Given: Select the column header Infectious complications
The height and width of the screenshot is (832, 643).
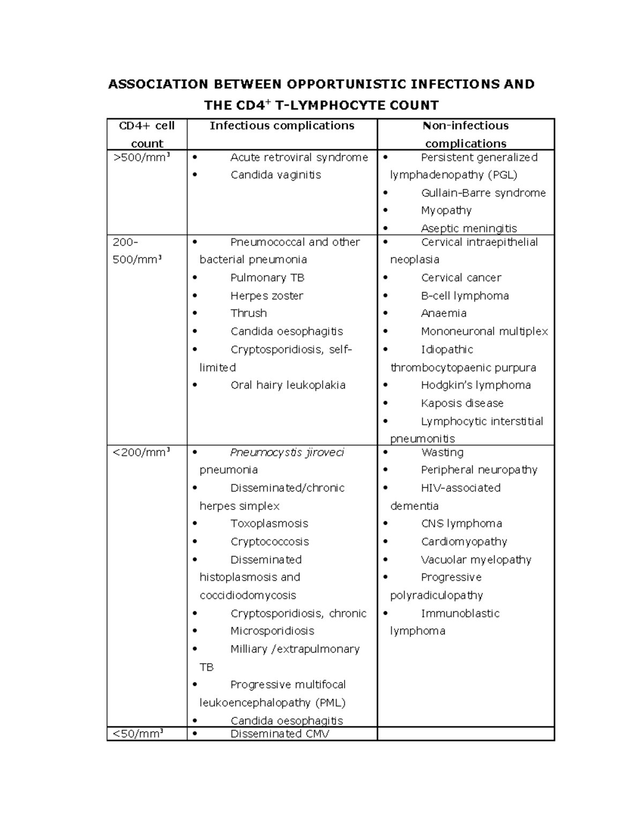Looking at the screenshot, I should pos(282,126).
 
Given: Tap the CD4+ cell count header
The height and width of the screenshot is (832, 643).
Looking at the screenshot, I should pos(147,134).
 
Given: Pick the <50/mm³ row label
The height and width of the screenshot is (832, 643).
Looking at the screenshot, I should pos(138,734).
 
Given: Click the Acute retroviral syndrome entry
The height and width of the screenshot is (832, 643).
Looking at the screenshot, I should pos(299,158).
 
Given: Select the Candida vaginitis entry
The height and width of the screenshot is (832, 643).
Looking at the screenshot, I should pos(275,175).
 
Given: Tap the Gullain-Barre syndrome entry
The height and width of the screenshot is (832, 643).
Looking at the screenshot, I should pos(483,193).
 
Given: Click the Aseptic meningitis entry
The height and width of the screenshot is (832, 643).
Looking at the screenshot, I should pos(469,229).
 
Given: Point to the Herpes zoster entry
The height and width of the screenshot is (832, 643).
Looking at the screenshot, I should pos(267,296).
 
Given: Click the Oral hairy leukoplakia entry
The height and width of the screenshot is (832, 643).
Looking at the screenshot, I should pos(288,385).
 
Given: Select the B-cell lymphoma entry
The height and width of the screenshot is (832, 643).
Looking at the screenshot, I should pos(465,296).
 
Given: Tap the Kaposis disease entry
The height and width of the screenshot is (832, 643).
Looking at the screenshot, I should pos(462,403).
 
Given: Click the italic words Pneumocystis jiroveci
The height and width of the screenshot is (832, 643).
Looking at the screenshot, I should pos(287,453).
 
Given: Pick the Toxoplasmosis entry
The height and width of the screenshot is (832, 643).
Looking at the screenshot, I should pos(269,523).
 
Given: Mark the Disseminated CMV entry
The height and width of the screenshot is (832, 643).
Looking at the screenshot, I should pos(280,734).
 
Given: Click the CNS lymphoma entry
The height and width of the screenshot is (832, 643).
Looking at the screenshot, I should pos(461,523).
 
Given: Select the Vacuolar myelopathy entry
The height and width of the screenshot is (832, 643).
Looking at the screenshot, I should pos(476,560).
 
